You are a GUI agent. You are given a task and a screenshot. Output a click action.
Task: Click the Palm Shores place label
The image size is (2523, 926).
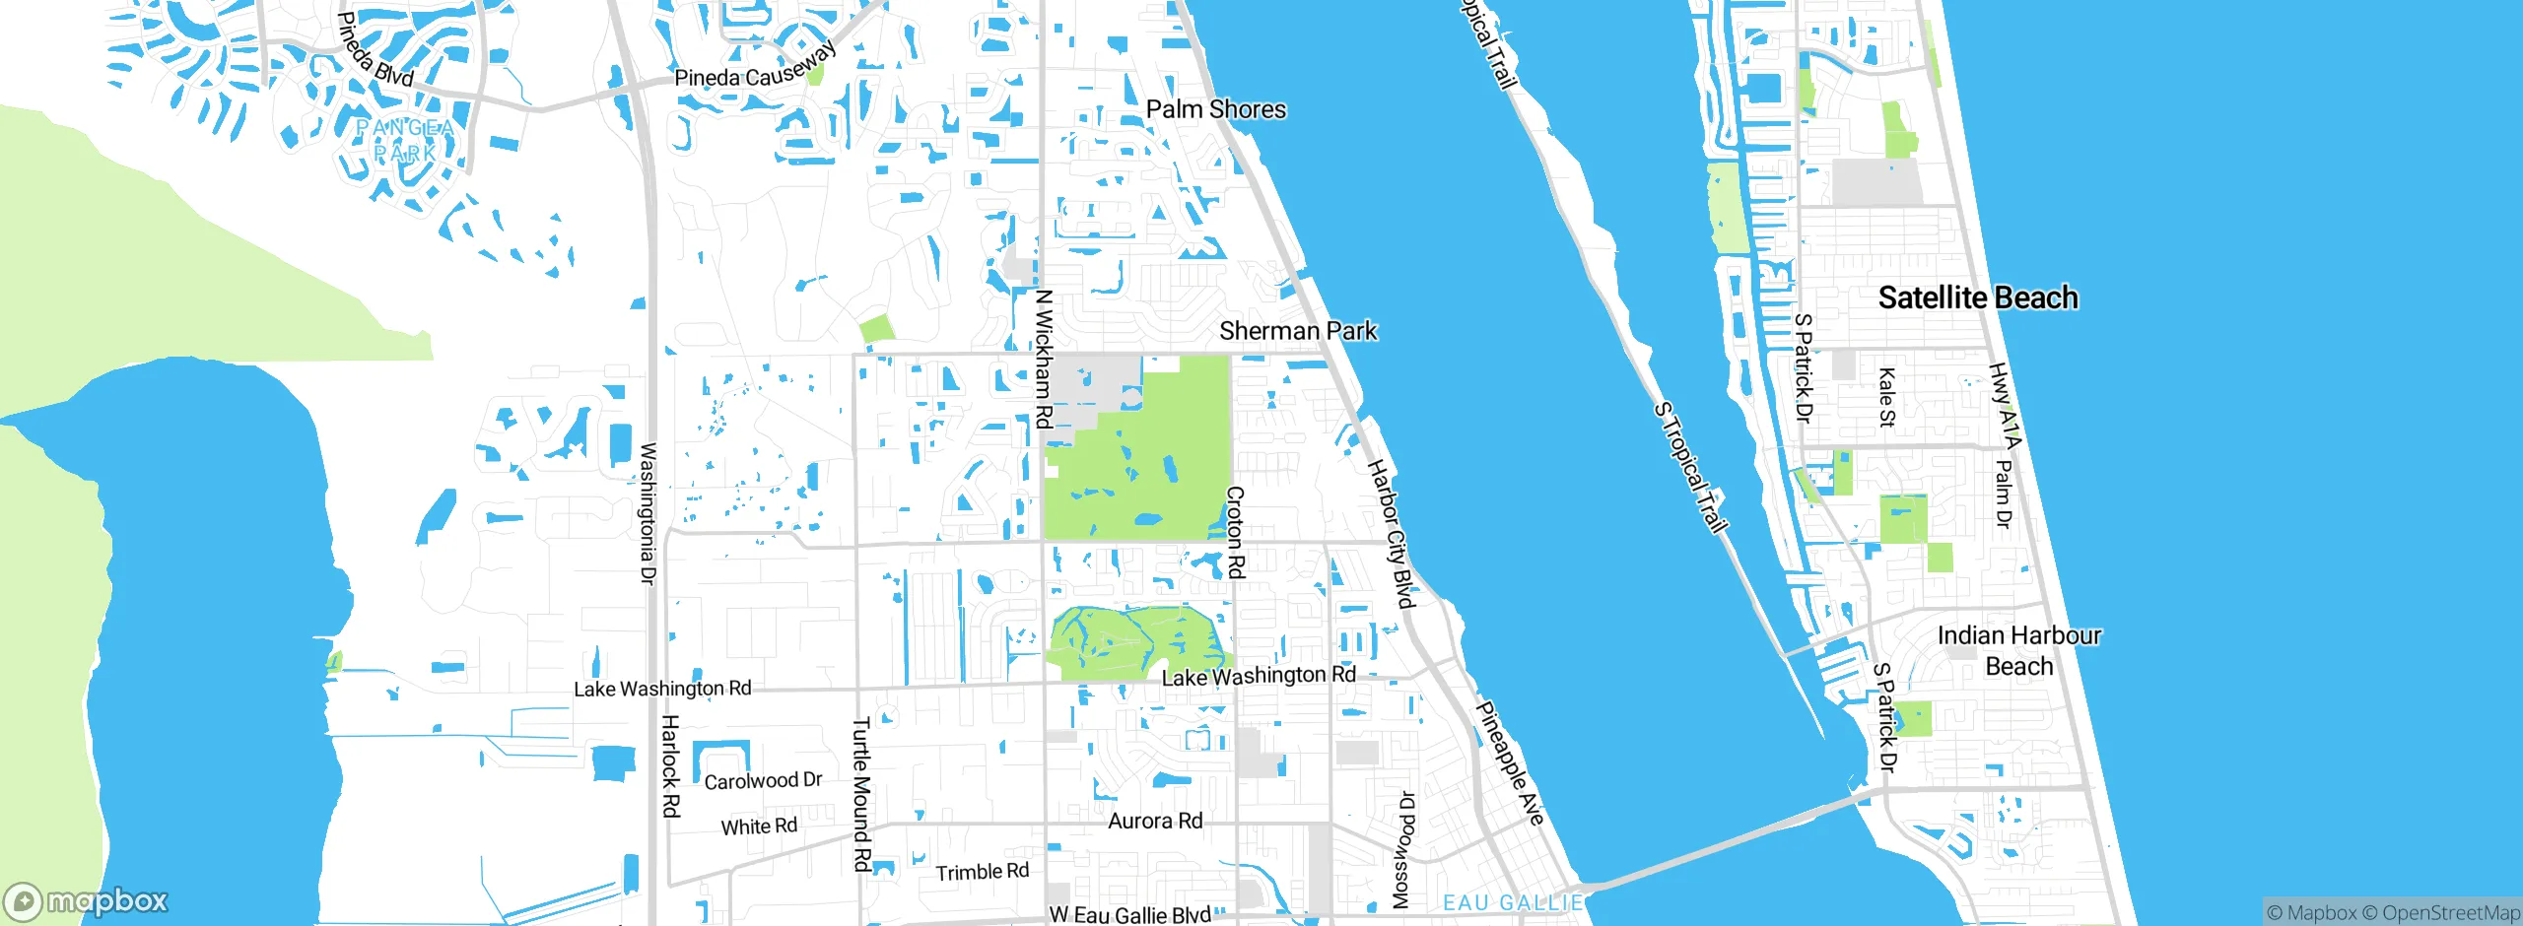(x=1215, y=109)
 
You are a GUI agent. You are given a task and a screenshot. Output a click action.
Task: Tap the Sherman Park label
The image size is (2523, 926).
(x=1298, y=331)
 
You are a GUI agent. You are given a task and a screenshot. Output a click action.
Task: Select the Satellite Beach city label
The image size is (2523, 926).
(x=1977, y=298)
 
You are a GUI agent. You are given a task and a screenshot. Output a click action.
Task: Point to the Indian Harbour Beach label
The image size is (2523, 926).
(x=2018, y=650)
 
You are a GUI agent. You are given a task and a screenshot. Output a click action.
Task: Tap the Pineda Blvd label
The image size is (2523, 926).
(x=375, y=49)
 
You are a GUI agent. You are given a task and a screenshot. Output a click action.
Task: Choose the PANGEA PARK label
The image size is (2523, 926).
(x=405, y=141)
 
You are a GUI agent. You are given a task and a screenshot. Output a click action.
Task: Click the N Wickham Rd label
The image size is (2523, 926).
(x=1044, y=359)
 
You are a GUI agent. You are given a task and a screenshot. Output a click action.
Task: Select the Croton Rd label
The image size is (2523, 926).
(x=1235, y=531)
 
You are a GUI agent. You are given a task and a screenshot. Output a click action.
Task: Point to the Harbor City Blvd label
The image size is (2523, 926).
(x=1391, y=533)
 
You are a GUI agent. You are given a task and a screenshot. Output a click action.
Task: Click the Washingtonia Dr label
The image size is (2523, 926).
(x=648, y=513)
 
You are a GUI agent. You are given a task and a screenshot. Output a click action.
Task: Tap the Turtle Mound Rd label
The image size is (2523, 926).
(x=861, y=794)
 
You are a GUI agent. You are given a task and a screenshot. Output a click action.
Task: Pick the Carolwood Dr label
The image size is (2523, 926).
(x=763, y=781)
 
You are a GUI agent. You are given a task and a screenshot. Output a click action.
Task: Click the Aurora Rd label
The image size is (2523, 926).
(x=1155, y=821)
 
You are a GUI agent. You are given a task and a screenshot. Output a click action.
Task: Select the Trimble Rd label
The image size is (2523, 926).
(x=982, y=872)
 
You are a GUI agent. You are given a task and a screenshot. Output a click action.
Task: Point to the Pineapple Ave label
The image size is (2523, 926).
(x=1509, y=763)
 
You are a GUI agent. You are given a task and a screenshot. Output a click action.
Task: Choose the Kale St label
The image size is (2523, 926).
(x=1886, y=397)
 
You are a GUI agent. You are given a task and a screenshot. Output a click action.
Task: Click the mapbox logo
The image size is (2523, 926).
(x=87, y=901)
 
